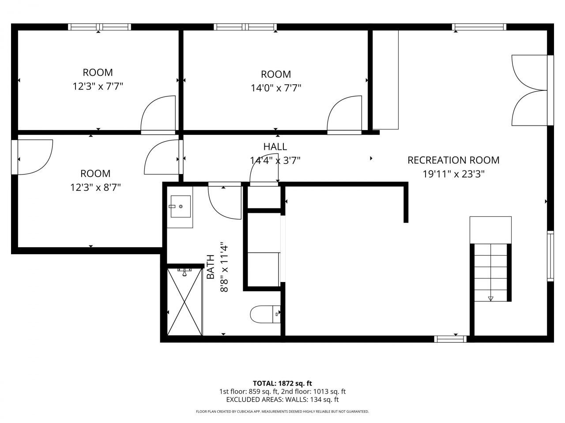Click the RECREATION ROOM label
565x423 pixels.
(453, 160)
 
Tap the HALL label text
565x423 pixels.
(275, 147)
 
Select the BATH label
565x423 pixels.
(211, 267)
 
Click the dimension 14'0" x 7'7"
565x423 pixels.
(276, 88)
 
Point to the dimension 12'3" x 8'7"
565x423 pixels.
(95, 188)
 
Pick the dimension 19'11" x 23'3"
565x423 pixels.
(453, 174)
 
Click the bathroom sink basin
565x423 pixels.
(181, 206)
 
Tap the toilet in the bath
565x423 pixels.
(265, 314)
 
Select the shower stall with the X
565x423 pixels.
(185, 302)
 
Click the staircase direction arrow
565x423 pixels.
(490, 299)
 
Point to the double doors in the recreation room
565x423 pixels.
(532, 90)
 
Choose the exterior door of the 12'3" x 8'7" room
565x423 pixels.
(32, 157)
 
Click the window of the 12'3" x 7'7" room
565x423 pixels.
(99, 27)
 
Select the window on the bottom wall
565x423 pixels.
(450, 339)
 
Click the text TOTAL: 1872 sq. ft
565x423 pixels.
(282, 383)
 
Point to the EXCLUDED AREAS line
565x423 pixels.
(282, 400)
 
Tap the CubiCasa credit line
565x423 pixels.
(282, 412)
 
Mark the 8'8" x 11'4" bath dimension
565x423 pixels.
(224, 267)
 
